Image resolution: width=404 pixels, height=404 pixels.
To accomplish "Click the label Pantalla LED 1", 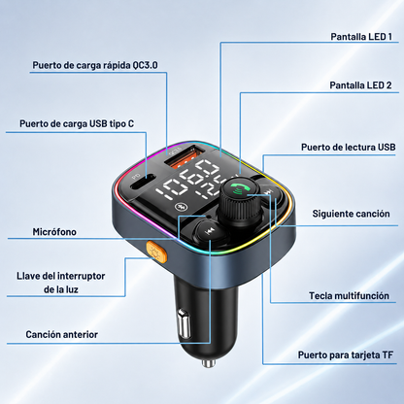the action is tap(361, 37).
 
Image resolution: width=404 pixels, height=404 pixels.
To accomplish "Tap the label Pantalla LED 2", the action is tap(360, 85).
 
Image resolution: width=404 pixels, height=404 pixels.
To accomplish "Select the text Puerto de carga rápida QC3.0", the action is tap(95, 65).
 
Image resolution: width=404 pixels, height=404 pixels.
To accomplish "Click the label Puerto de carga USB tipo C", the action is tap(77, 123).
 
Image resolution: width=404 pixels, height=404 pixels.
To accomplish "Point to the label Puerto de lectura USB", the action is tap(349, 147).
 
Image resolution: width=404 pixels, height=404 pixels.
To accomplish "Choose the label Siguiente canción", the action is tap(351, 214).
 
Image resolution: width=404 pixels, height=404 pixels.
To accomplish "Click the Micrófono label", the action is tap(54, 232).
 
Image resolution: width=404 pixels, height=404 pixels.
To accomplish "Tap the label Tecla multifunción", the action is tap(349, 295).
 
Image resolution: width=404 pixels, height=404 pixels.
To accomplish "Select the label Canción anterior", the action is tap(61, 334).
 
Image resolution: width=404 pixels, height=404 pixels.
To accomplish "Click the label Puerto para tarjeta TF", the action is tap(346, 355).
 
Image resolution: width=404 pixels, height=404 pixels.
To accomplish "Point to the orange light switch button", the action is tap(156, 252).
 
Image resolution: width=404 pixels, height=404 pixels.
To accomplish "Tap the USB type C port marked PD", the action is tap(144, 185).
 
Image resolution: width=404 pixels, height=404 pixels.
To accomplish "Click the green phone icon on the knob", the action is tap(239, 188).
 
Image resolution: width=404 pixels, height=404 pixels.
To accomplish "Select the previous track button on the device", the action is tap(209, 232).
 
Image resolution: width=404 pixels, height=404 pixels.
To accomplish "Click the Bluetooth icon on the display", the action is tap(179, 207).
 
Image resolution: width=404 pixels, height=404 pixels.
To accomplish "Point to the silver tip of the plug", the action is tap(209, 363).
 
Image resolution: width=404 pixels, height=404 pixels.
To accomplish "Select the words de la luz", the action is tap(61, 289).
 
